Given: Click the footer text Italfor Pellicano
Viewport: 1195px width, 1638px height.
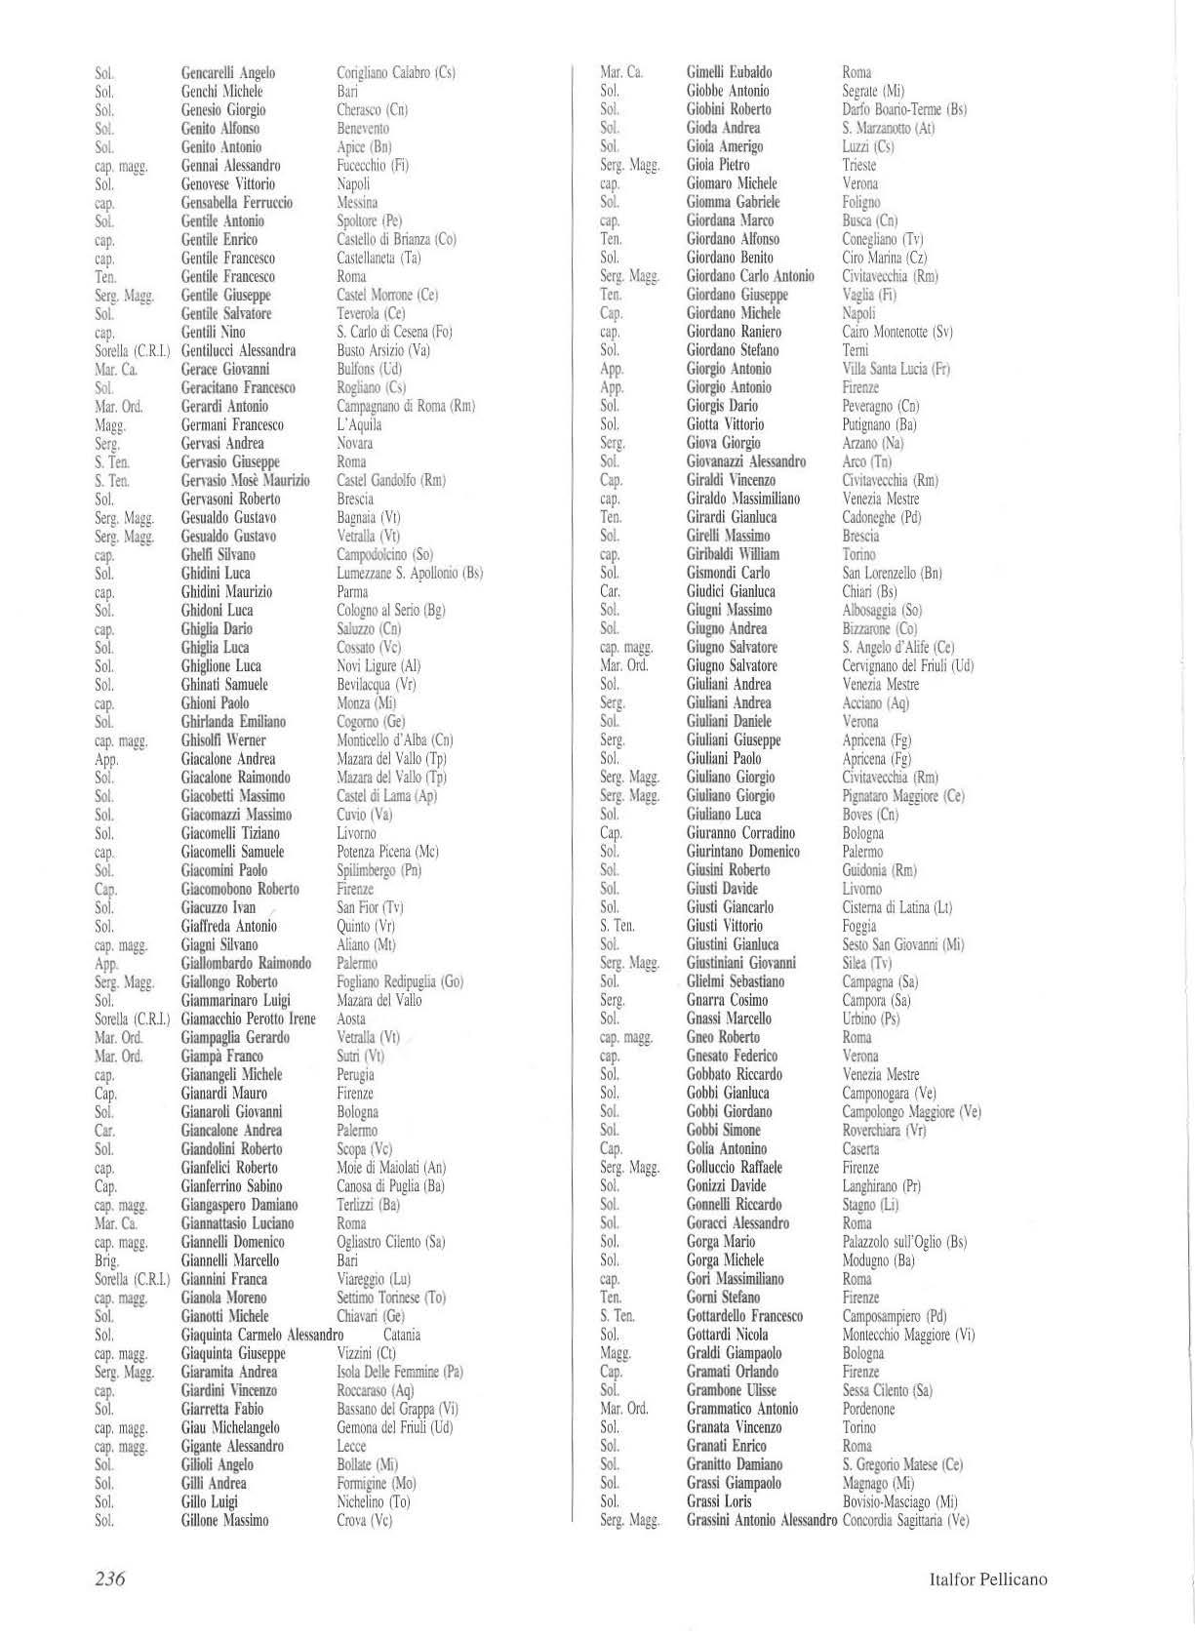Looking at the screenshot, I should tap(988, 1579).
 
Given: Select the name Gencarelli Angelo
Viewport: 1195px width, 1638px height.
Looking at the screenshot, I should tap(228, 73).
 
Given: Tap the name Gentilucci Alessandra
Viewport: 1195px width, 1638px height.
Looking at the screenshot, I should tap(239, 351).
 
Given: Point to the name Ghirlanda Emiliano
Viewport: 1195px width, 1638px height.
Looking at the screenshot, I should tap(233, 722).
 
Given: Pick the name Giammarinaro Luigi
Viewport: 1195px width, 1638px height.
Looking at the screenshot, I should tap(236, 1001).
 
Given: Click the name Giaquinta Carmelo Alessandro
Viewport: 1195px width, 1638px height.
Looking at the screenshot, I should tap(262, 1335).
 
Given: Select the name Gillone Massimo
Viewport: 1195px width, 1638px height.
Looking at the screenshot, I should tap(224, 1520).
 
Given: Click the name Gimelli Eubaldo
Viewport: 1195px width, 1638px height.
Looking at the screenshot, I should tap(730, 72).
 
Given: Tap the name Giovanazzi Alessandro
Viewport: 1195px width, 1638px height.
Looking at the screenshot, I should tap(746, 461).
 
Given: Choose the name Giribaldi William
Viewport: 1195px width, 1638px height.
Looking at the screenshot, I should tap(733, 554).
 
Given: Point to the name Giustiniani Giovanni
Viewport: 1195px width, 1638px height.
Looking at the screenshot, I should tap(741, 963).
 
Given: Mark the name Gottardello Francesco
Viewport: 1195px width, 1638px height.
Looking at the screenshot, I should tap(745, 1316).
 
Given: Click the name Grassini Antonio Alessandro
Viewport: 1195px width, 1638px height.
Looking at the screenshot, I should tap(762, 1520).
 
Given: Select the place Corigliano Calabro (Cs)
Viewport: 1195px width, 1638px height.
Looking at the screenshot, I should tap(396, 73).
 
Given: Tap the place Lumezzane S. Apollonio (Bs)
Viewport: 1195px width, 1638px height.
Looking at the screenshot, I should tap(410, 574).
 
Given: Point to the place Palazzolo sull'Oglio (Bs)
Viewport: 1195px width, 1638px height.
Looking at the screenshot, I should tap(904, 1242).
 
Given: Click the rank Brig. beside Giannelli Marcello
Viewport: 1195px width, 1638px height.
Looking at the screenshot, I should tap(106, 1260).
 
